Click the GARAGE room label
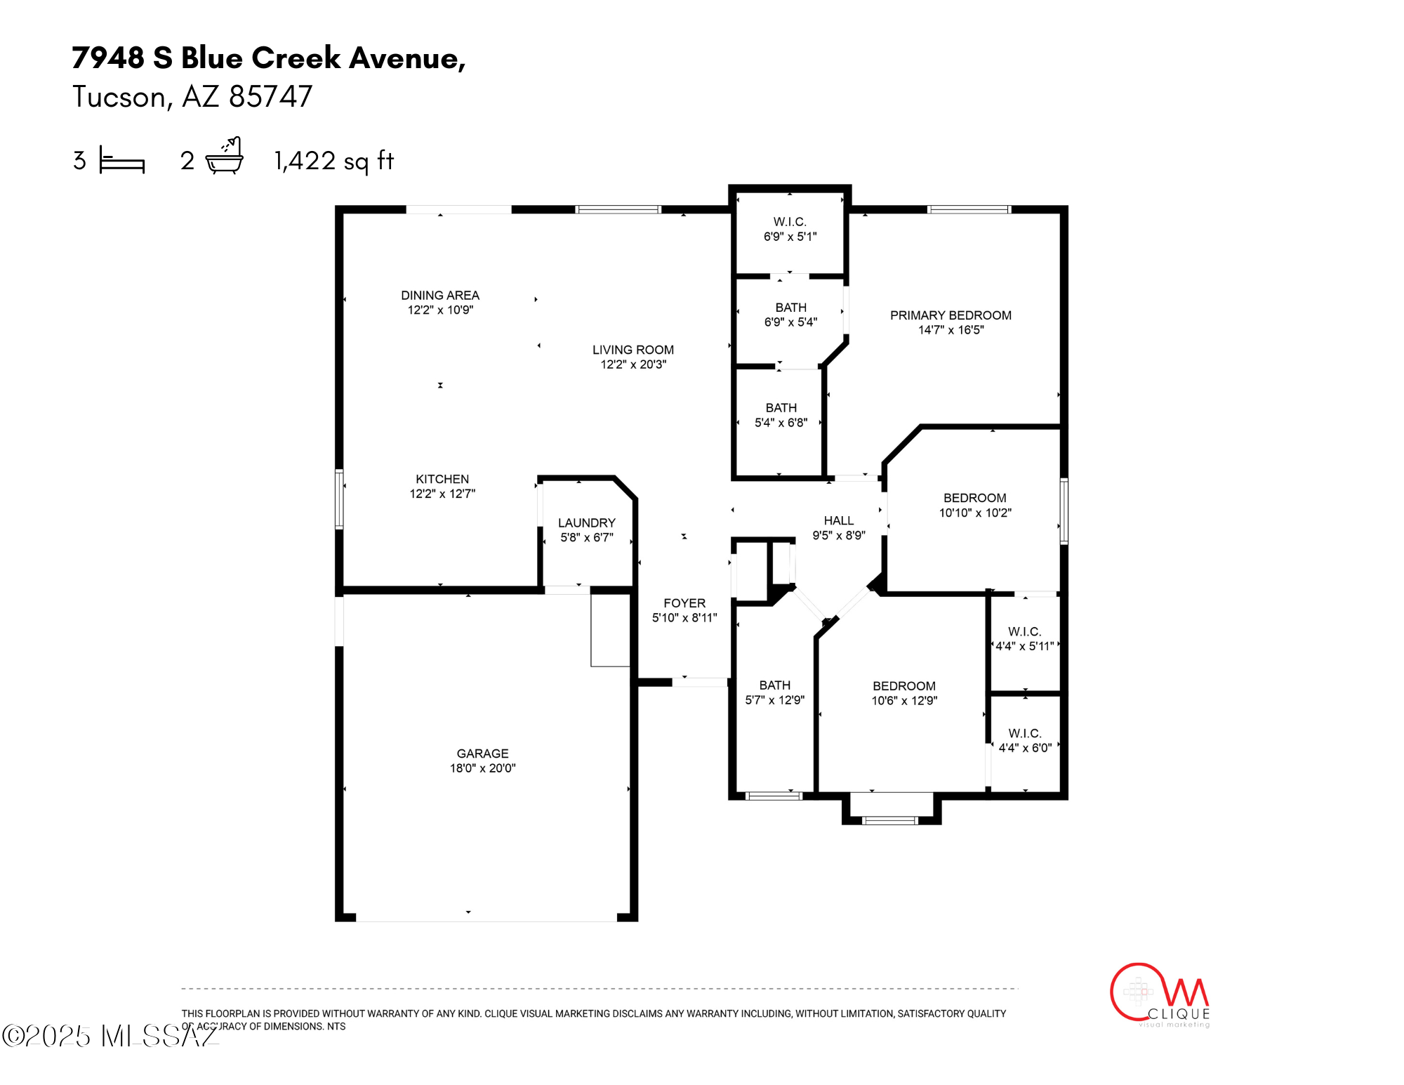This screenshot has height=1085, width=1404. coord(482,754)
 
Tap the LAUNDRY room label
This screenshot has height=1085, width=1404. coord(587,523)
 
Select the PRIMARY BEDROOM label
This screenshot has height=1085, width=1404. coord(951,315)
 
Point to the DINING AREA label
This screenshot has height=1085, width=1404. coord(440,296)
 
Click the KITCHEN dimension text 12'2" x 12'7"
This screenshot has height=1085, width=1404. coord(442,494)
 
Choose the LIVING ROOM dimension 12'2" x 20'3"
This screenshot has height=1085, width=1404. coord(633,364)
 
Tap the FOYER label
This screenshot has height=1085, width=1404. coord(684,603)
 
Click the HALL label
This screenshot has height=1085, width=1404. coord(839,520)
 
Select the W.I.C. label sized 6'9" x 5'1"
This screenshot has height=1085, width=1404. coord(790,222)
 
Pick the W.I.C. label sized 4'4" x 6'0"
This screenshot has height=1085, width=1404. coord(1025,733)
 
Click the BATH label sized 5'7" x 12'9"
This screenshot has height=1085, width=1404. coord(775,685)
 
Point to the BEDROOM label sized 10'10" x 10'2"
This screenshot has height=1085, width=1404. coord(974,498)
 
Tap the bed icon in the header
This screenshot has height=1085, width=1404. coord(121,159)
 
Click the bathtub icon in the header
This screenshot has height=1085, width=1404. coord(225,156)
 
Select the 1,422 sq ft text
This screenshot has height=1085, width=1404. coord(334,161)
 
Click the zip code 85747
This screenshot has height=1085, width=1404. coord(271,97)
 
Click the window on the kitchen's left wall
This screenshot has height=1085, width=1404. coord(339,499)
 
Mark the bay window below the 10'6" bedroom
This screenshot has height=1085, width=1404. coord(889,820)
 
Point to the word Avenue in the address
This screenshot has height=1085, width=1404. coord(407,58)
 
